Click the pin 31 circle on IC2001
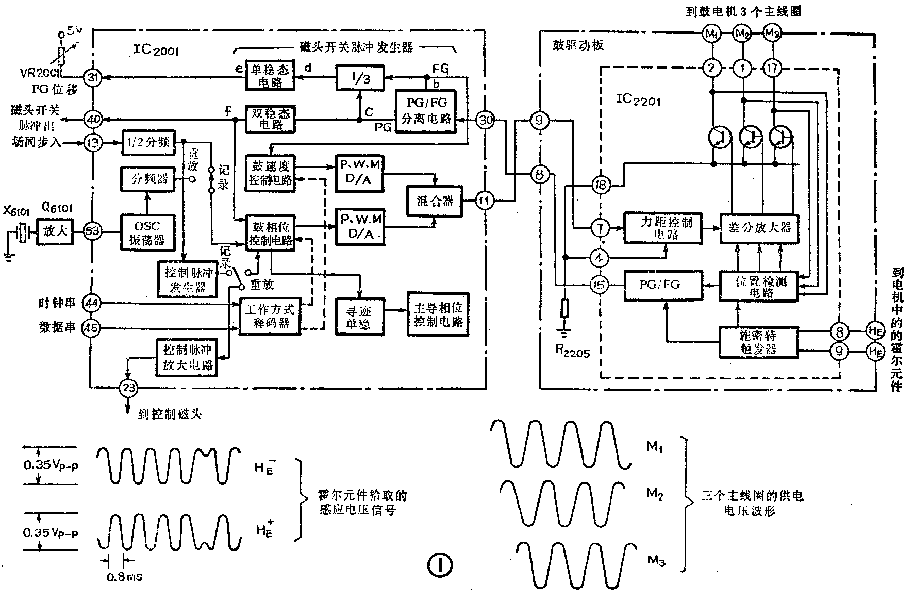pyautogui.click(x=93, y=78)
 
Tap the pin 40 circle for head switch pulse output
pyautogui.click(x=93, y=120)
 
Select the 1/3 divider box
pyautogui.click(x=360, y=79)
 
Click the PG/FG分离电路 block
pyautogui.click(x=426, y=111)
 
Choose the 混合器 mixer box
pyautogui.click(x=435, y=201)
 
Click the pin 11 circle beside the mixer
pyautogui.click(x=484, y=201)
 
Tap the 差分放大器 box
pyautogui.click(x=759, y=228)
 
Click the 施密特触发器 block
pyautogui.click(x=758, y=342)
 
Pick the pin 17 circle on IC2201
pyautogui.click(x=772, y=68)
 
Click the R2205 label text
pyautogui.click(x=572, y=351)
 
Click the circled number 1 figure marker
pyautogui.click(x=440, y=565)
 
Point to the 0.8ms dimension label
pyautogui.click(x=124, y=577)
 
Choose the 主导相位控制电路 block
pyautogui.click(x=438, y=314)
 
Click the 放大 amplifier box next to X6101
pyautogui.click(x=55, y=231)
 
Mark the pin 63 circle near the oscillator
pyautogui.click(x=93, y=231)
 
